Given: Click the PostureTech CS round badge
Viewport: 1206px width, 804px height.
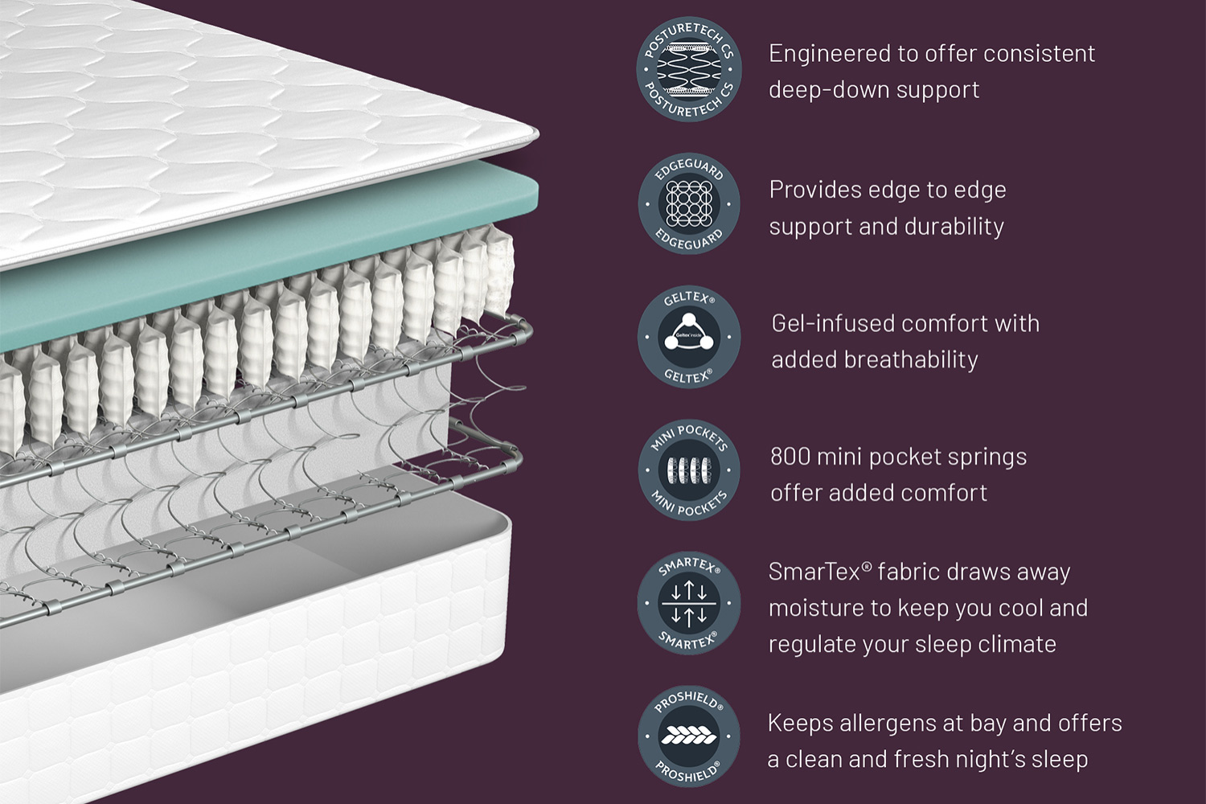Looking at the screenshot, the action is click(688, 69).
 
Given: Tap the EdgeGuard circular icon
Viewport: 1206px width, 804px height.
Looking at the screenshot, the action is click(688, 204).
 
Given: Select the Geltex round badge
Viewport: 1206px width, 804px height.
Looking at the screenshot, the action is click(688, 337).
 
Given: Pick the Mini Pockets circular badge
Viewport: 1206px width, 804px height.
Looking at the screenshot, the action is click(688, 470).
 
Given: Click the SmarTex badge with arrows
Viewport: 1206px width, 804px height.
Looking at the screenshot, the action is click(688, 603).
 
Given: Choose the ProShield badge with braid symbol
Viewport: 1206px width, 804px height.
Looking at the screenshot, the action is click(688, 736).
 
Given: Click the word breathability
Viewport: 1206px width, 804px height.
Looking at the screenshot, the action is click(910, 359).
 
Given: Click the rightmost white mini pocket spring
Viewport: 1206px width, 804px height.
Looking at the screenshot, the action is click(499, 272).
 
